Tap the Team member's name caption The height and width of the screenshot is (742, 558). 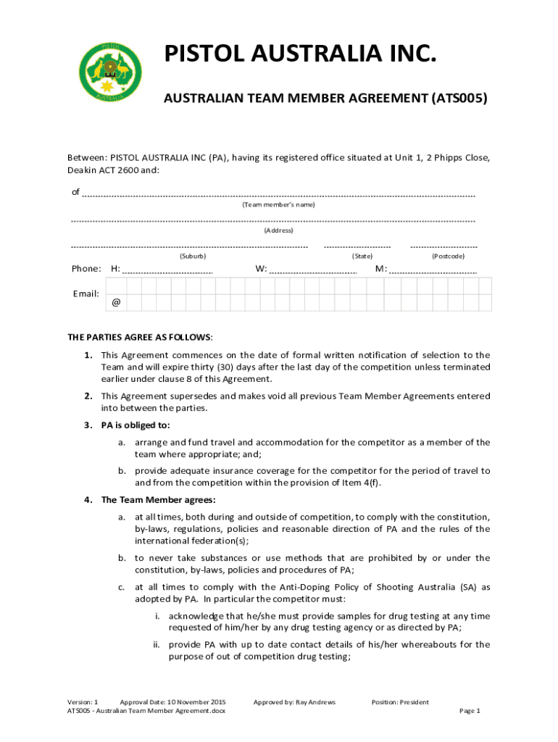(278, 205)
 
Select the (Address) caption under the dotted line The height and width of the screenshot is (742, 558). (278, 230)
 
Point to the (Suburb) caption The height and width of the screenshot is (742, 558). (192, 256)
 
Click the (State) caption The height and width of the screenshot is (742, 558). (362, 256)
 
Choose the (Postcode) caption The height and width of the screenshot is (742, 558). (448, 256)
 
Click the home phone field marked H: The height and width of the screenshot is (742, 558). (167, 270)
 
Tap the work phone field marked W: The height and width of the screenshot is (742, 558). (312, 270)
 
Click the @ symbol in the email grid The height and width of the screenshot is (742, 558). (116, 303)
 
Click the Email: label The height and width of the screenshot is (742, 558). (86, 293)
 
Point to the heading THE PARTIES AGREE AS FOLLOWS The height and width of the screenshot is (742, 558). (140, 337)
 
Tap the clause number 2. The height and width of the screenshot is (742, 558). (87, 396)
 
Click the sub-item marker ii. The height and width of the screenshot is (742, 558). (156, 644)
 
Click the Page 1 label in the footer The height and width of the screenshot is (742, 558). (470, 711)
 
